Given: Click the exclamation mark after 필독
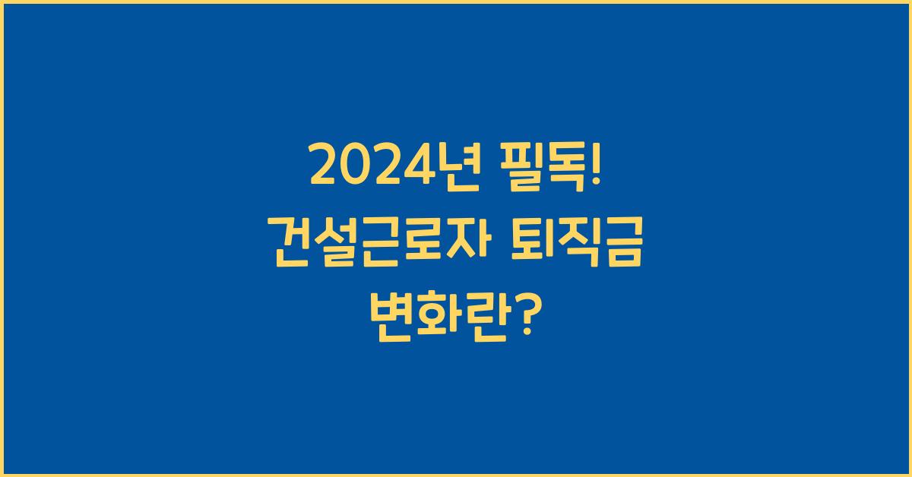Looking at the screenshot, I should pyautogui.click(x=594, y=167).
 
